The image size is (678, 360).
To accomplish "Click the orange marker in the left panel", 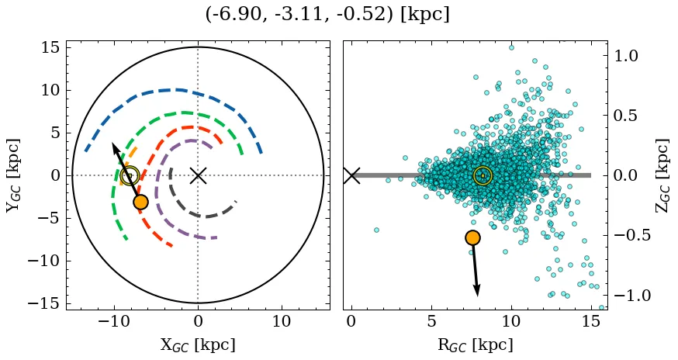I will (x=140, y=202).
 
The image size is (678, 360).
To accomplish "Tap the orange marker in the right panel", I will (x=472, y=237).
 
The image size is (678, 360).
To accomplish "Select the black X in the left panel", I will (x=198, y=175).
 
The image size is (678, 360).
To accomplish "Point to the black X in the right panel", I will (x=351, y=175).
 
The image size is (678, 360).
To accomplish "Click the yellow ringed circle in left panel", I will (x=130, y=176).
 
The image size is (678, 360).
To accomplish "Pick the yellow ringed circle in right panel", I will (x=483, y=176).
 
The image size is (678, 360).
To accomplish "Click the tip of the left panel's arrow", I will (x=112, y=144).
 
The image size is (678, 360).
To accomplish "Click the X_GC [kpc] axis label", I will (x=198, y=344).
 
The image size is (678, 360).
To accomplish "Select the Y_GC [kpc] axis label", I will (x=13, y=175).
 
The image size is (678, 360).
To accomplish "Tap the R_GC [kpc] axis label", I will (x=475, y=344).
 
